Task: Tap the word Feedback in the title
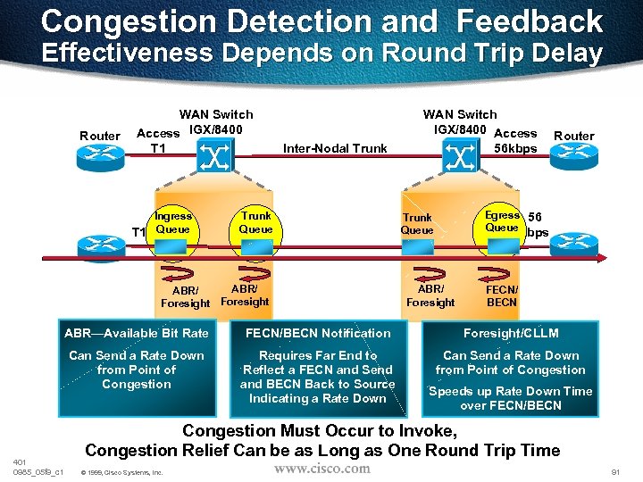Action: (x=522, y=21)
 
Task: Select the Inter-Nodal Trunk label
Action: (x=335, y=148)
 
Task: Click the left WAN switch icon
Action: (x=215, y=159)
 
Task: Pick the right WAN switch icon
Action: (x=459, y=159)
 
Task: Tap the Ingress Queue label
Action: (x=172, y=222)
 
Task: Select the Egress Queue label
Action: (x=502, y=221)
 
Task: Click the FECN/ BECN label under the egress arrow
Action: (x=502, y=295)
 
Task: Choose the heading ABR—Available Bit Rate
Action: (x=136, y=333)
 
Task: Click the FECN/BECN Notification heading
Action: (x=319, y=333)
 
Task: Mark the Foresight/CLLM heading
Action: (x=512, y=333)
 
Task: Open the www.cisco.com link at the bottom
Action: (x=321, y=468)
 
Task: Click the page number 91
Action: (x=614, y=471)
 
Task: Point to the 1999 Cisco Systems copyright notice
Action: (x=121, y=472)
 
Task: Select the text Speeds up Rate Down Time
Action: (x=511, y=391)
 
